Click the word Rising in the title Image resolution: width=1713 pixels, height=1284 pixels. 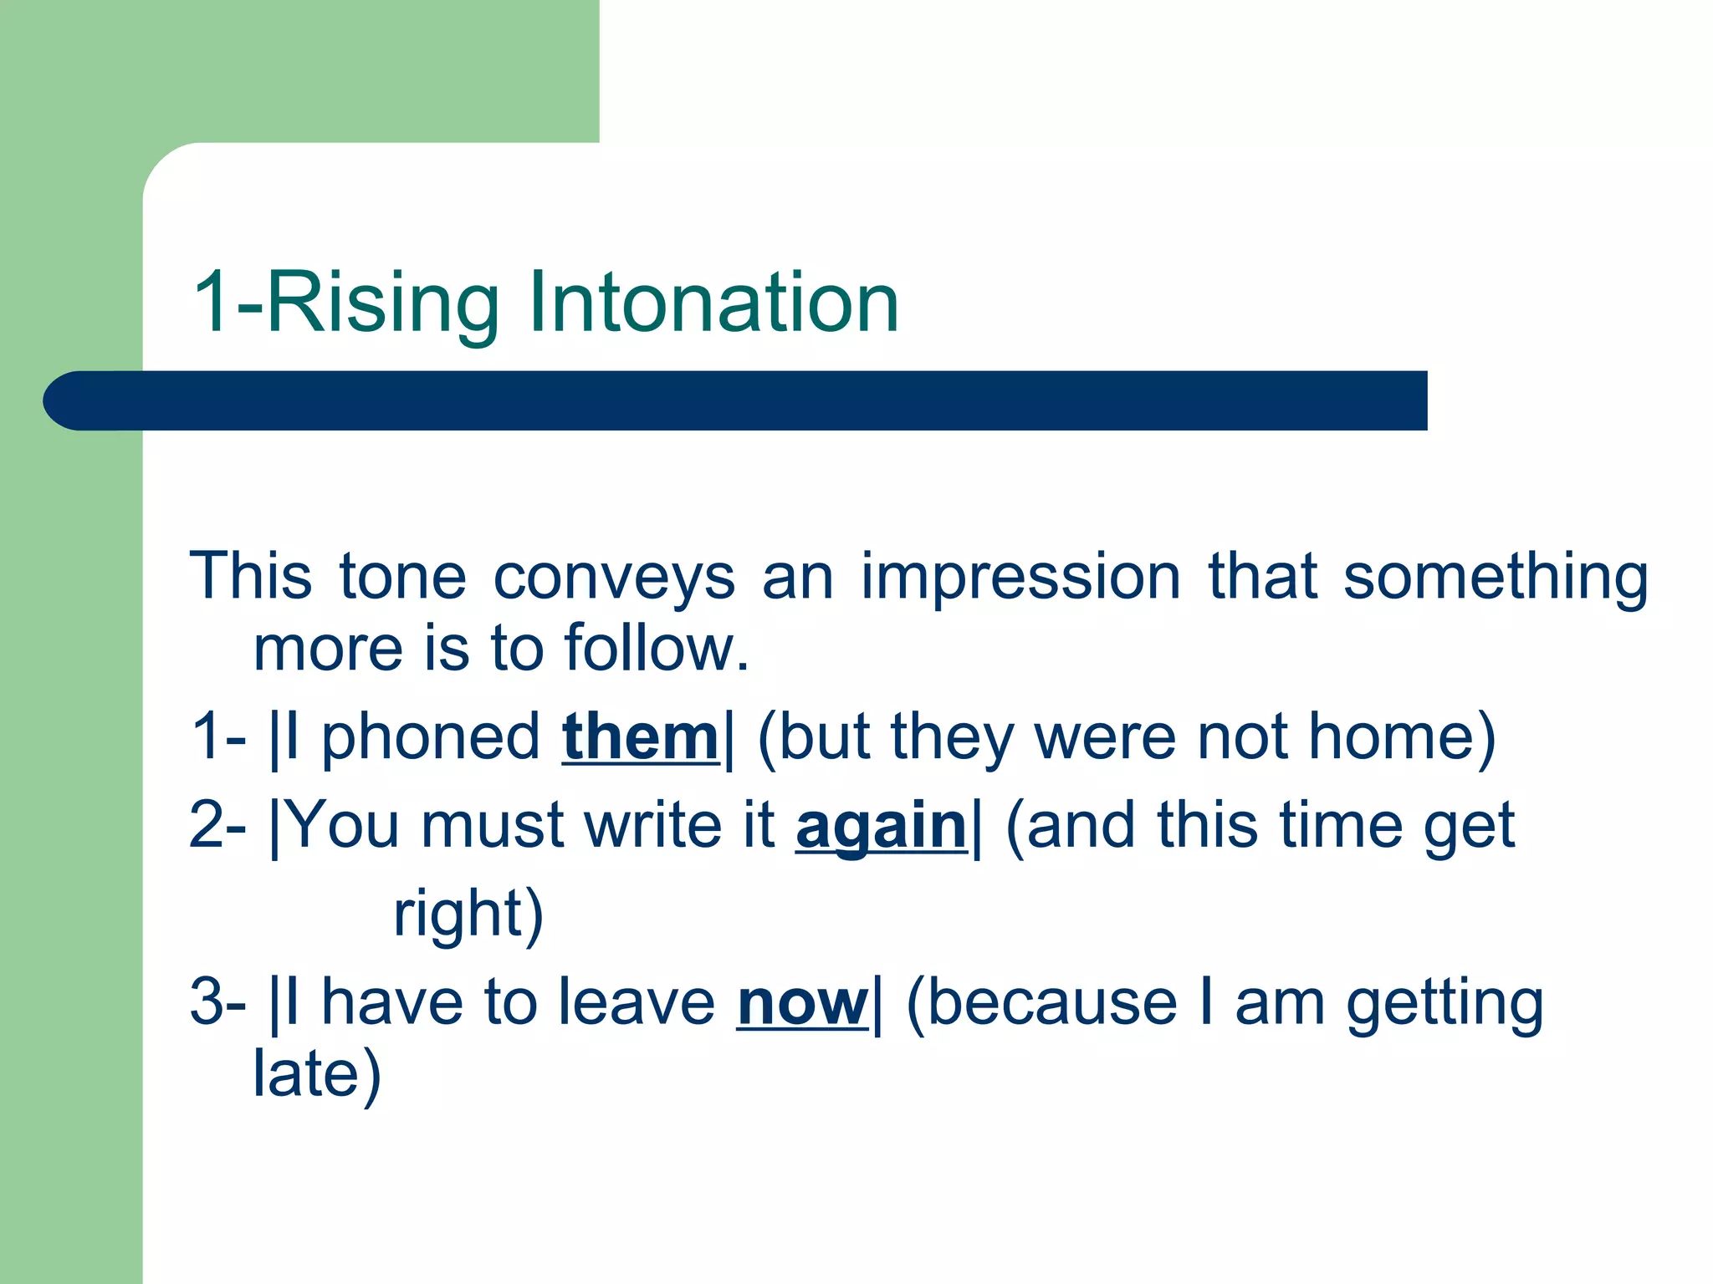click(x=381, y=303)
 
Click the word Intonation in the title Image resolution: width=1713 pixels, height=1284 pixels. click(x=713, y=303)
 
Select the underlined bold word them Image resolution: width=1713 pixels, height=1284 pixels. click(x=640, y=737)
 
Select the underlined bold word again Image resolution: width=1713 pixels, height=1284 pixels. click(x=881, y=826)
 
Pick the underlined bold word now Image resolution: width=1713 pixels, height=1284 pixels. click(x=802, y=1002)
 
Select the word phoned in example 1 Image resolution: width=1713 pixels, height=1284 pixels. click(x=431, y=737)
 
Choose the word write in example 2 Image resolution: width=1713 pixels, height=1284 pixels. click(x=653, y=826)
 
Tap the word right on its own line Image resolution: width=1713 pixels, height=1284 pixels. click(x=458, y=914)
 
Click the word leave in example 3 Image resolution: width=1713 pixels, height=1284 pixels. click(x=636, y=1002)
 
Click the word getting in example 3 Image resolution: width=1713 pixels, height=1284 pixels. click(x=1445, y=1004)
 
